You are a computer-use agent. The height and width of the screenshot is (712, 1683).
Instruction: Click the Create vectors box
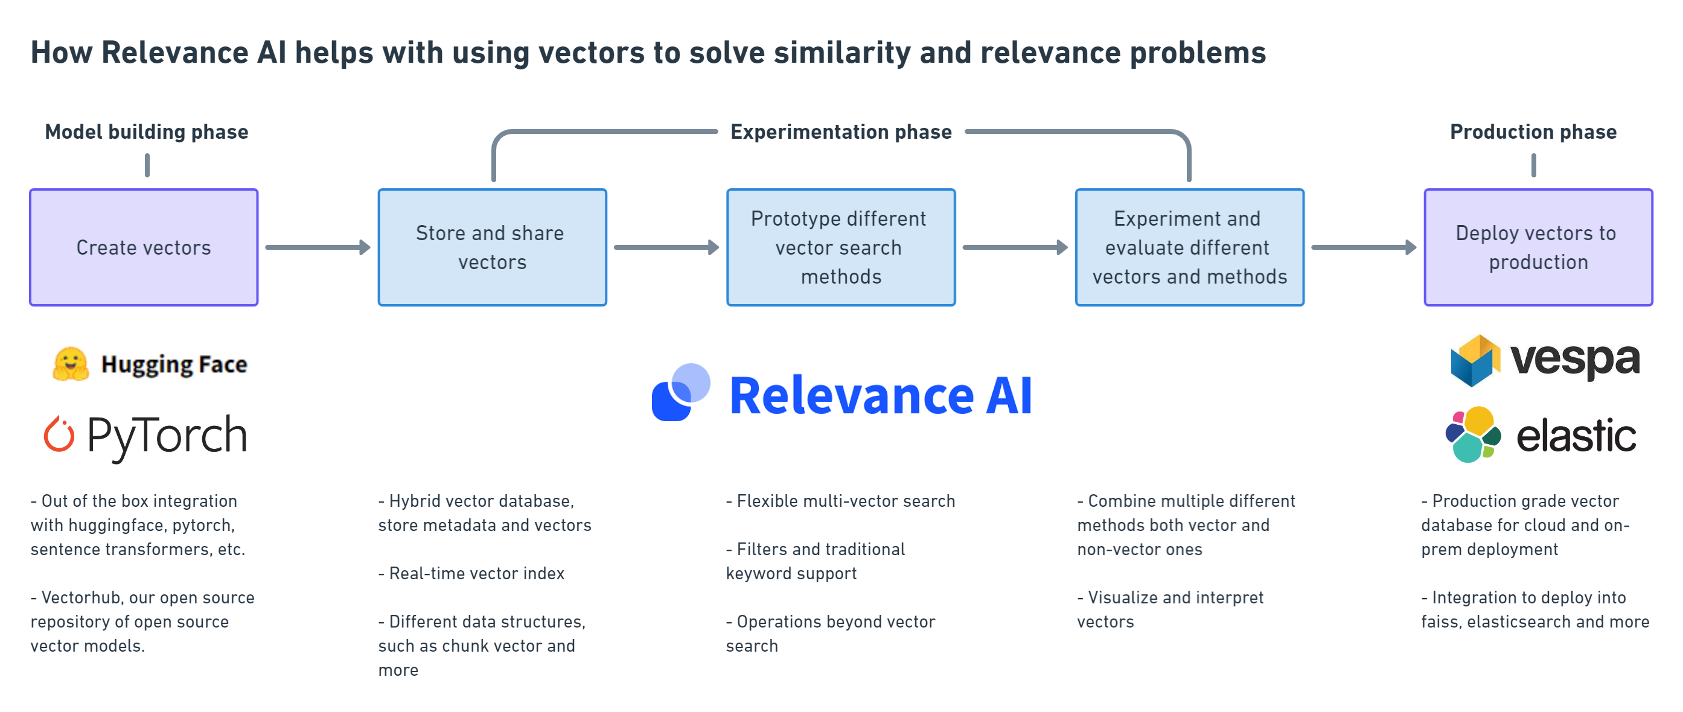click(x=144, y=247)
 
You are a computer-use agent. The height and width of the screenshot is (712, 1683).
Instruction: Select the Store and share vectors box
click(x=492, y=247)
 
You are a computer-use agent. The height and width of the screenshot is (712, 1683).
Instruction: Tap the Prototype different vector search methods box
click(x=841, y=247)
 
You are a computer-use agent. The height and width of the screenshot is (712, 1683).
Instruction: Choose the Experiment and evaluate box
click(x=1190, y=247)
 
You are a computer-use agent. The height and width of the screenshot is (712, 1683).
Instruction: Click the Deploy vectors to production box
click(x=1538, y=247)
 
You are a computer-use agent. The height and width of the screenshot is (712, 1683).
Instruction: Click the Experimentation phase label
click(x=841, y=132)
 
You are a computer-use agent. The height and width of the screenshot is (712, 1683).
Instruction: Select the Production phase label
click(x=1533, y=132)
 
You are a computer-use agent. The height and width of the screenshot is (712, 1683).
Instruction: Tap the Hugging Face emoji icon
click(x=71, y=364)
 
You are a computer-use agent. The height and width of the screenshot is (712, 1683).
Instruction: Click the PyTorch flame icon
click(x=59, y=434)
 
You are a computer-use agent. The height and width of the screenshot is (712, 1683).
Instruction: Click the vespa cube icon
click(x=1475, y=361)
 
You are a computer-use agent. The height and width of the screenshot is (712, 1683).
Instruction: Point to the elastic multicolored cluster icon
click(x=1473, y=434)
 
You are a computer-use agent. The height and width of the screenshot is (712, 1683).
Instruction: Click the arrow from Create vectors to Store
click(x=318, y=247)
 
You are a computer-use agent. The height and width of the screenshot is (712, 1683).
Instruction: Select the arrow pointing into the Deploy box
click(x=1364, y=247)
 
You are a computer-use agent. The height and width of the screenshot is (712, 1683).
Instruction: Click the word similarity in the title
click(x=842, y=52)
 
